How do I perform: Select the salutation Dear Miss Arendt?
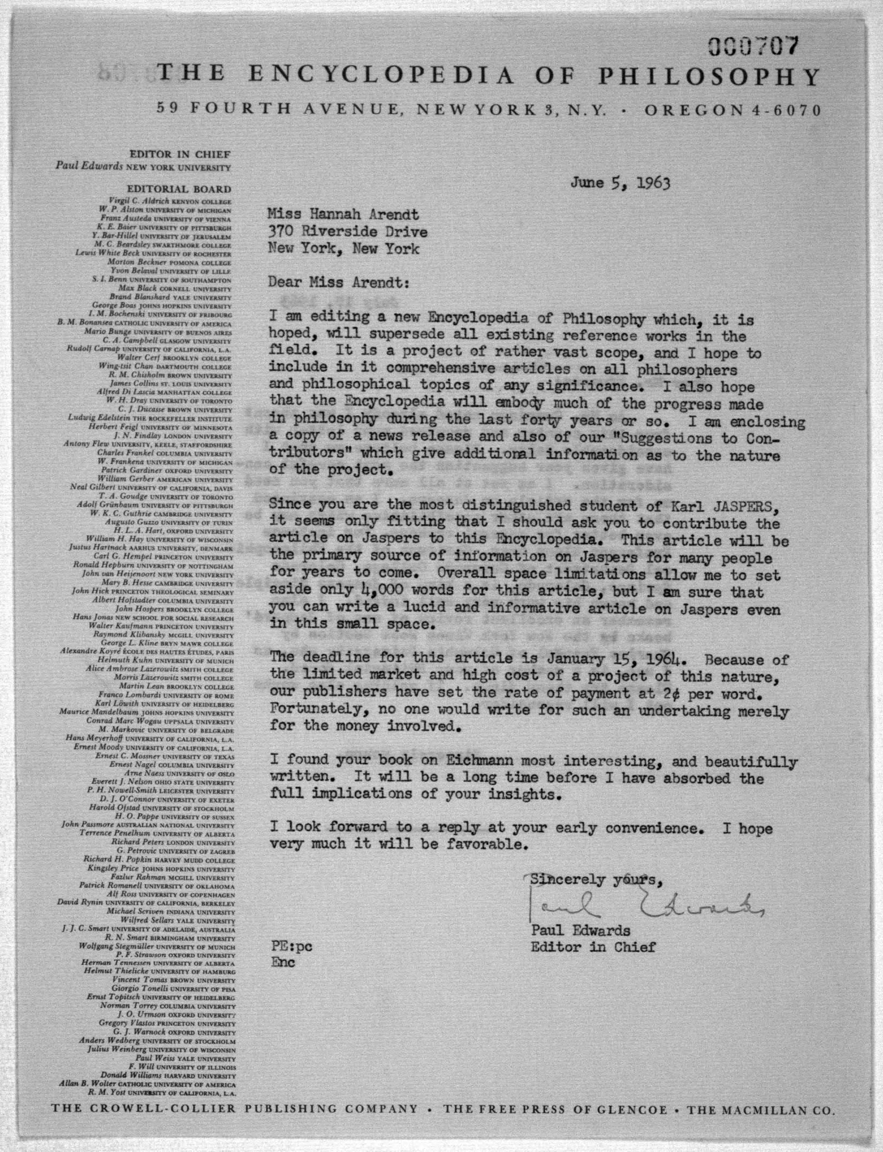coord(338,283)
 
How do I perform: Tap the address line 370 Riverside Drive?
coord(347,232)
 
